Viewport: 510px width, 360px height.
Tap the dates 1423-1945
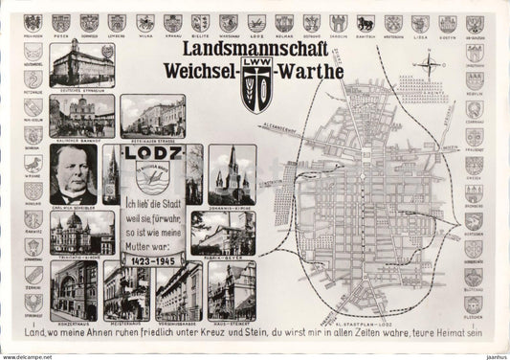click(x=151, y=259)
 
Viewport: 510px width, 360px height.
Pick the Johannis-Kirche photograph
click(x=233, y=172)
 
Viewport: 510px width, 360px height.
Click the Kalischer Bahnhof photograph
click(x=82, y=116)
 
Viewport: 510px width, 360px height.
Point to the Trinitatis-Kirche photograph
click(x=82, y=230)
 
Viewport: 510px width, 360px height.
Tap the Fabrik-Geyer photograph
click(x=222, y=231)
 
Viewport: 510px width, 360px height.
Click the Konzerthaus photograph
click(x=75, y=289)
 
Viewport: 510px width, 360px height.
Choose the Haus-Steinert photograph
click(x=231, y=289)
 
